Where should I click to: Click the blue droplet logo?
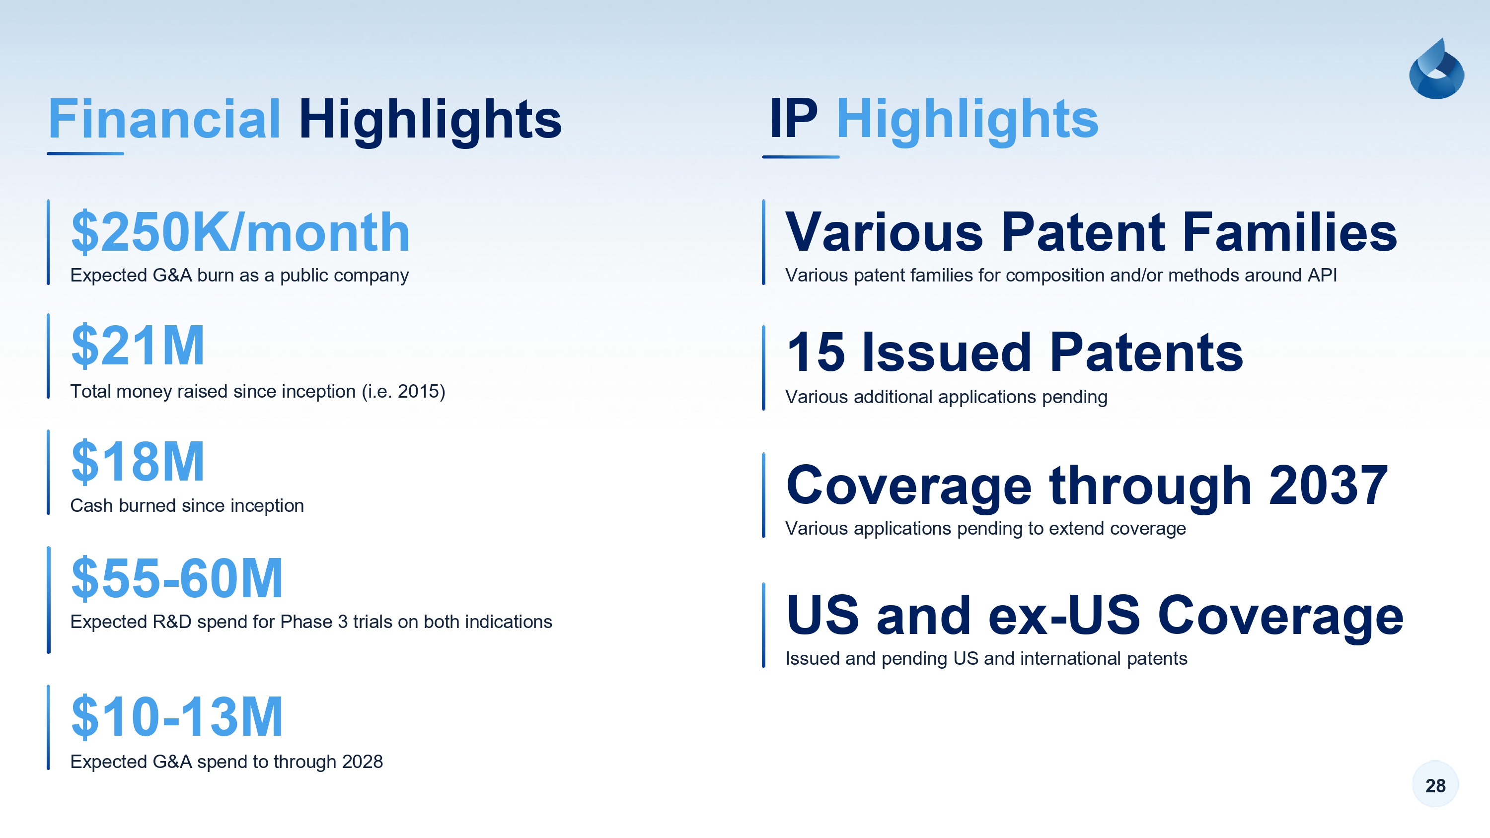1436,70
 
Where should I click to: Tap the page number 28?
1435,785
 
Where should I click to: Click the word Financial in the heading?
164,119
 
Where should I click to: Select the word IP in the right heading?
794,119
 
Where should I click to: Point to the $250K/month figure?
240,232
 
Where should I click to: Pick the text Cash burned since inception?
187,505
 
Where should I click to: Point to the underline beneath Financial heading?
85,153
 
